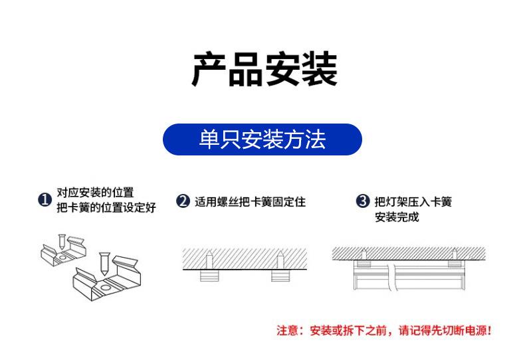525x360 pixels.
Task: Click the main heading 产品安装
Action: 264,68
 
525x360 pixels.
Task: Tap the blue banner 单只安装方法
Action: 262,139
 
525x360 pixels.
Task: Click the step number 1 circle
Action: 45,200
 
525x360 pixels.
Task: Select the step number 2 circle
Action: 183,201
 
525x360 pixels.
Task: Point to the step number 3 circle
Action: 362,201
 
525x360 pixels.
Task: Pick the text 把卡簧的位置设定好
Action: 106,208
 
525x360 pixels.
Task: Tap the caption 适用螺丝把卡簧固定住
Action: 250,201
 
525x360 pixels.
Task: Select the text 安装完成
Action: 397,217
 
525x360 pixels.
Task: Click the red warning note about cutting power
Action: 384,330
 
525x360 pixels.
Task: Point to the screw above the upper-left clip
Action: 61,239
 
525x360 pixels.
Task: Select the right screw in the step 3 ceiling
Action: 455,253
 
